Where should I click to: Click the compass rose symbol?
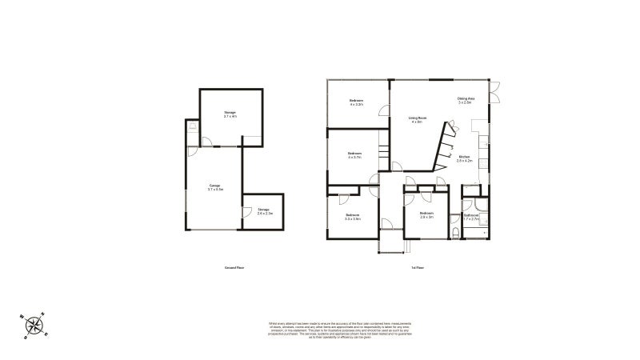coord(34,324)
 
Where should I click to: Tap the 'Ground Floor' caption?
coord(234,266)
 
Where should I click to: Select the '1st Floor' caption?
coord(417,266)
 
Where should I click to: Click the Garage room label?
coord(214,187)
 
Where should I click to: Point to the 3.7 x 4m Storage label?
coord(230,115)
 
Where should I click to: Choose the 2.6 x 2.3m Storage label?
coord(265,211)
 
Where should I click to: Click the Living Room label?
coord(417,120)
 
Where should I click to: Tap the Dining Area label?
coord(466,100)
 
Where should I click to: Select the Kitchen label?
coord(465,158)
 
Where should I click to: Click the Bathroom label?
coord(470,216)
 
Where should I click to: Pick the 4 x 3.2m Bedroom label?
coord(356,102)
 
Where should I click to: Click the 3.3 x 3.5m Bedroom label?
coord(352,217)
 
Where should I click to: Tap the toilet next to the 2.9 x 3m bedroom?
coord(455,233)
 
